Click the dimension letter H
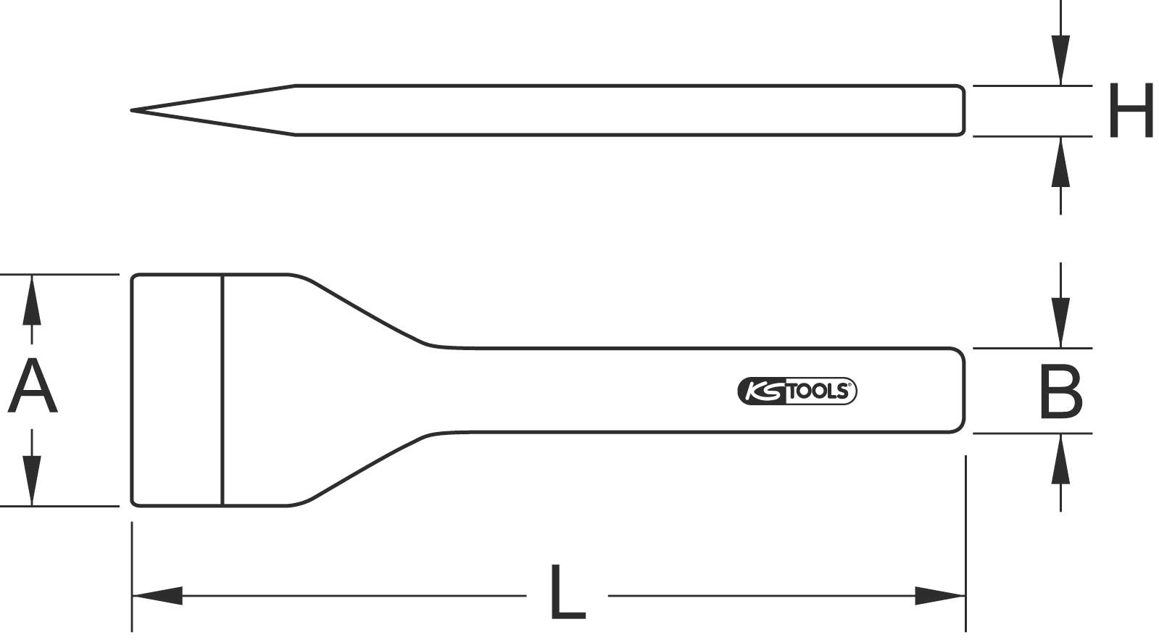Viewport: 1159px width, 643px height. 1130,111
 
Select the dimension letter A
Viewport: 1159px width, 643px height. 32,389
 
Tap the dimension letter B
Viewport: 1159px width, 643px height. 1060,391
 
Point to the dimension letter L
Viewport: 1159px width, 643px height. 567,592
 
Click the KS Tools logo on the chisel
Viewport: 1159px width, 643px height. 797,391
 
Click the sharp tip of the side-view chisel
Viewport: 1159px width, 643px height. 133,110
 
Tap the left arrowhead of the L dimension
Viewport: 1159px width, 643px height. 156,596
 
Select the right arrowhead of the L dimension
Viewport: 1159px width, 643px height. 941,596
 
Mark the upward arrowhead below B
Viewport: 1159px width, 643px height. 1060,458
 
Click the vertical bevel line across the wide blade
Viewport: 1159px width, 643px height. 223,390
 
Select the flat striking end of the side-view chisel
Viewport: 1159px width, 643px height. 963,110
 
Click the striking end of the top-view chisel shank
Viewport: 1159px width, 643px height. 963,391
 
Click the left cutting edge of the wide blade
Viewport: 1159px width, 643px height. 132,390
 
